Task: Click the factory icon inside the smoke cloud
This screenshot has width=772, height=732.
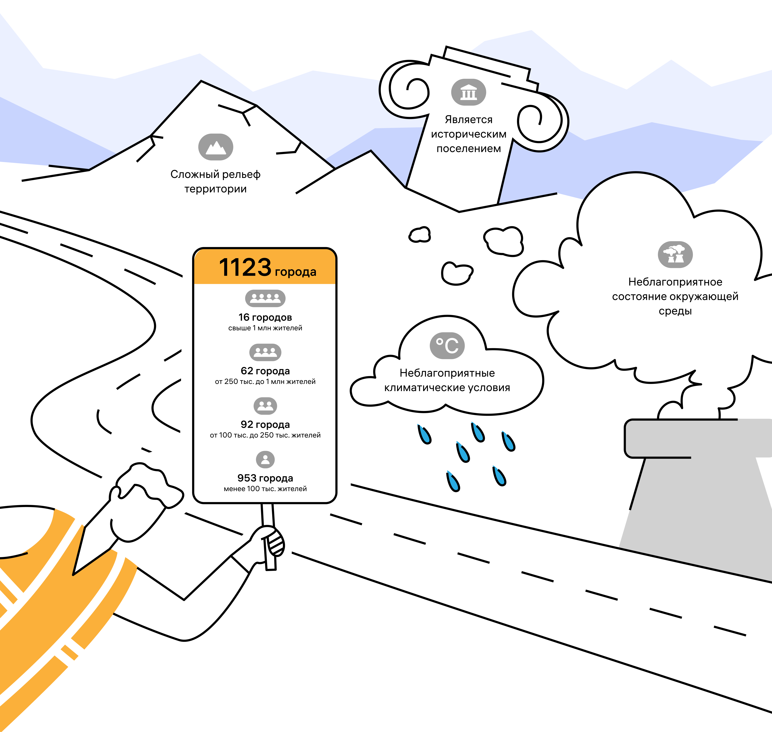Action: [x=675, y=254]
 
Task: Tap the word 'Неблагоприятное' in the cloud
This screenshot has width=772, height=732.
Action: [x=675, y=282]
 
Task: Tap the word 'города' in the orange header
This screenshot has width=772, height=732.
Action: [x=295, y=272]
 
